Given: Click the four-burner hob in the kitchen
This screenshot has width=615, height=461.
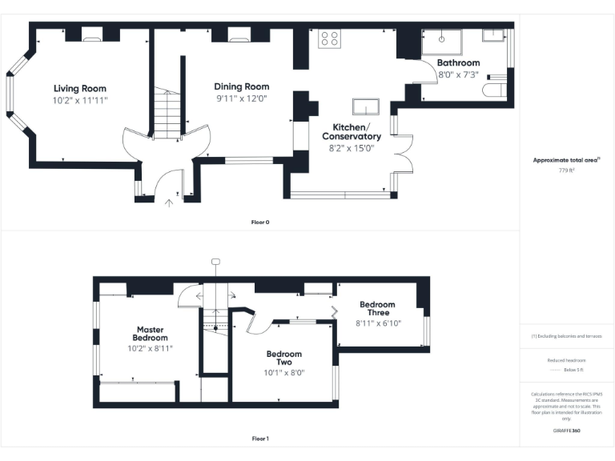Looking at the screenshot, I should [x=329, y=38].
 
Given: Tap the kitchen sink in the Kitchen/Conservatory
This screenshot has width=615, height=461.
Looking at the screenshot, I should [x=367, y=107].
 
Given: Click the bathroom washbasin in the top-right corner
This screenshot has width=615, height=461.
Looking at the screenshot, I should [x=492, y=35].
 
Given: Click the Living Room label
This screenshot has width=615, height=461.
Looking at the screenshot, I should [x=80, y=88].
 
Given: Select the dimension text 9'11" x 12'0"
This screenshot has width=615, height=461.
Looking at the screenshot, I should [x=241, y=98].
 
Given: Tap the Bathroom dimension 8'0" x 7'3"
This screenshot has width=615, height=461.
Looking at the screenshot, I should [x=458, y=74].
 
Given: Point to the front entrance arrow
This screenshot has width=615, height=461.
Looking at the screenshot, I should [x=168, y=202].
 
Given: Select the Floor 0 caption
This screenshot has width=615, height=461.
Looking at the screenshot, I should [x=260, y=222].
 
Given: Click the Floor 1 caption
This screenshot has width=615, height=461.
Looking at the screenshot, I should [x=260, y=439].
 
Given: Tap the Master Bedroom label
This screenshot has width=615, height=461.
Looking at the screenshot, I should [x=151, y=333].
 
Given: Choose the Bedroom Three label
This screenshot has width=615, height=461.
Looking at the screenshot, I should [x=377, y=308].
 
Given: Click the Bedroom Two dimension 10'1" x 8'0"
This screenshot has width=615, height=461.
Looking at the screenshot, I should [x=284, y=372].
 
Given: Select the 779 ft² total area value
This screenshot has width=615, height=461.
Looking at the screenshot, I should [x=566, y=170].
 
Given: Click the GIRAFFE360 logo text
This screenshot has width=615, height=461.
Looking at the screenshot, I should [x=566, y=431].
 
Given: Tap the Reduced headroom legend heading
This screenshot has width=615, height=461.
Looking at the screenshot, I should [x=566, y=360].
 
